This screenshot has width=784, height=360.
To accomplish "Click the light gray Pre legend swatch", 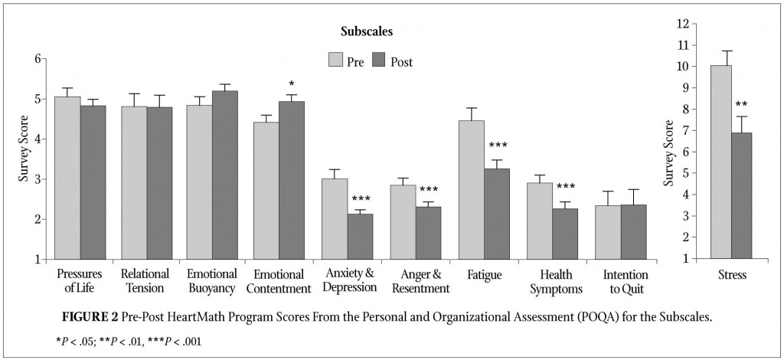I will pyautogui.click(x=336, y=61).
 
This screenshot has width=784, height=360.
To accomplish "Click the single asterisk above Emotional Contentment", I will pyautogui.click(x=291, y=85).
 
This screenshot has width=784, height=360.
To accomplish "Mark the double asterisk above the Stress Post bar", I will pyautogui.click(x=741, y=105).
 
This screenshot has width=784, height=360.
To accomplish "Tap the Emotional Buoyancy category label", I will pyautogui.click(x=211, y=281).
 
